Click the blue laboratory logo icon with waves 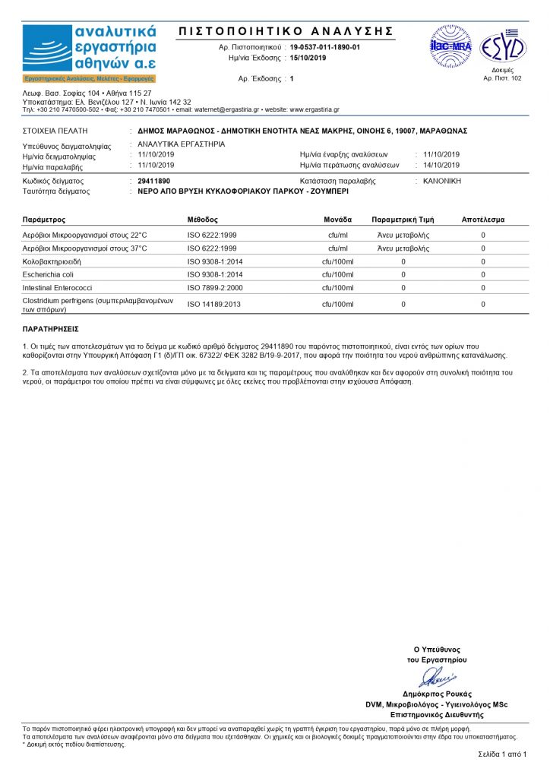pos(47,49)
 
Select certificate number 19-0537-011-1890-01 pos(325,47)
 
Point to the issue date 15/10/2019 pos(308,58)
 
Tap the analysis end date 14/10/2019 pos(441,165)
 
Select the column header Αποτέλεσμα pos(482,219)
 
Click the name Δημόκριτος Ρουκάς pos(437,694)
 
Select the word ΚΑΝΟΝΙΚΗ pos(442,182)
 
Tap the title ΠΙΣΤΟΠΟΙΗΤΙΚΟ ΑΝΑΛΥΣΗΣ pos(286,31)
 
